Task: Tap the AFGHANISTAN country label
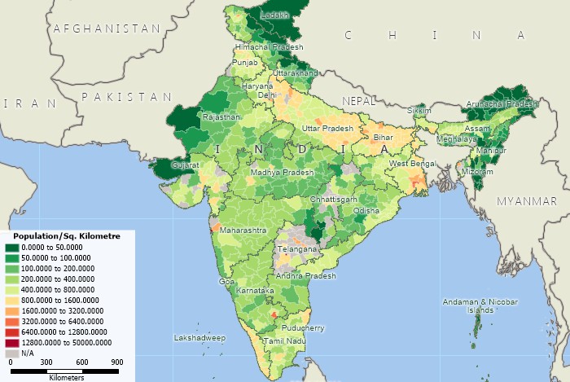pyautogui.click(x=107, y=29)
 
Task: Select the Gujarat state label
pyautogui.click(x=184, y=165)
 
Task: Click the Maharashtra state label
pyautogui.click(x=242, y=231)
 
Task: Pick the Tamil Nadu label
pyautogui.click(x=284, y=340)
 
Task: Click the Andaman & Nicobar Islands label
pyautogui.click(x=480, y=306)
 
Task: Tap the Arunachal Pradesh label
pyautogui.click(x=502, y=104)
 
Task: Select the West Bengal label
pyautogui.click(x=411, y=164)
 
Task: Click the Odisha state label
pyautogui.click(x=366, y=210)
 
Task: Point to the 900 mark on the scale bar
pyautogui.click(x=116, y=362)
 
